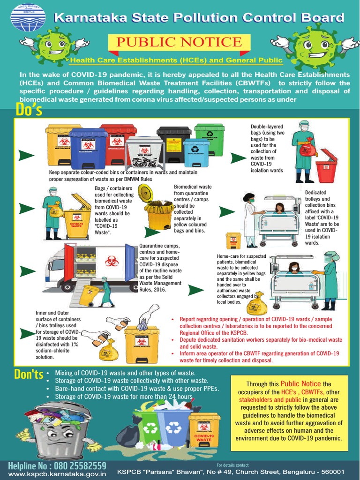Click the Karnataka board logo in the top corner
coord(28,18)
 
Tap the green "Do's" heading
coord(29,110)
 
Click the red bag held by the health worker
coord(307,149)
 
